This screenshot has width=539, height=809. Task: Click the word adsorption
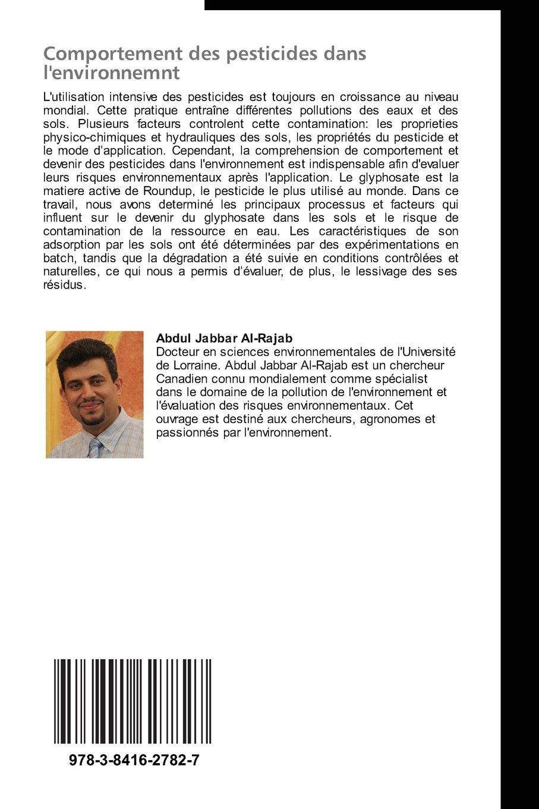[70, 244]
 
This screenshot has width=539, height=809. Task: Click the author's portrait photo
[94, 394]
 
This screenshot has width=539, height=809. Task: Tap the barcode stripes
[133, 701]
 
